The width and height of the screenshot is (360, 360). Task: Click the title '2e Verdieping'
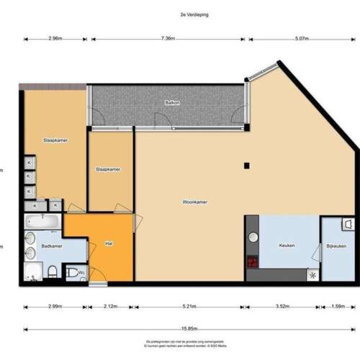click(x=180, y=14)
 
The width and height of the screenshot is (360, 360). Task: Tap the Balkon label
click(x=172, y=103)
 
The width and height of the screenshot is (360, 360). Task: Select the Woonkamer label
click(x=194, y=202)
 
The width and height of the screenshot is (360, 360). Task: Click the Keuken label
click(x=287, y=246)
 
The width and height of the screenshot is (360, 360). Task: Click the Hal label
click(x=109, y=243)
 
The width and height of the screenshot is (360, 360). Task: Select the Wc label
click(x=82, y=272)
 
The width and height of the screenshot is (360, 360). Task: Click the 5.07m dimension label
click(x=302, y=39)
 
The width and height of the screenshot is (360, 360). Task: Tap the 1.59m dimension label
click(x=337, y=307)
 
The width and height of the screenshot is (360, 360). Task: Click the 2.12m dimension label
click(x=110, y=307)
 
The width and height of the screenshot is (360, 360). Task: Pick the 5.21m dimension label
click(x=189, y=307)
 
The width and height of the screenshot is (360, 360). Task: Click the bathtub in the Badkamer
click(x=43, y=221)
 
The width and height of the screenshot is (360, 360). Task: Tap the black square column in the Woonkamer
click(x=246, y=166)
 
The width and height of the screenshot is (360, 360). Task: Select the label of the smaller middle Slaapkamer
click(x=108, y=169)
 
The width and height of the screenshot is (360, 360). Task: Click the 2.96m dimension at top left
click(x=55, y=39)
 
